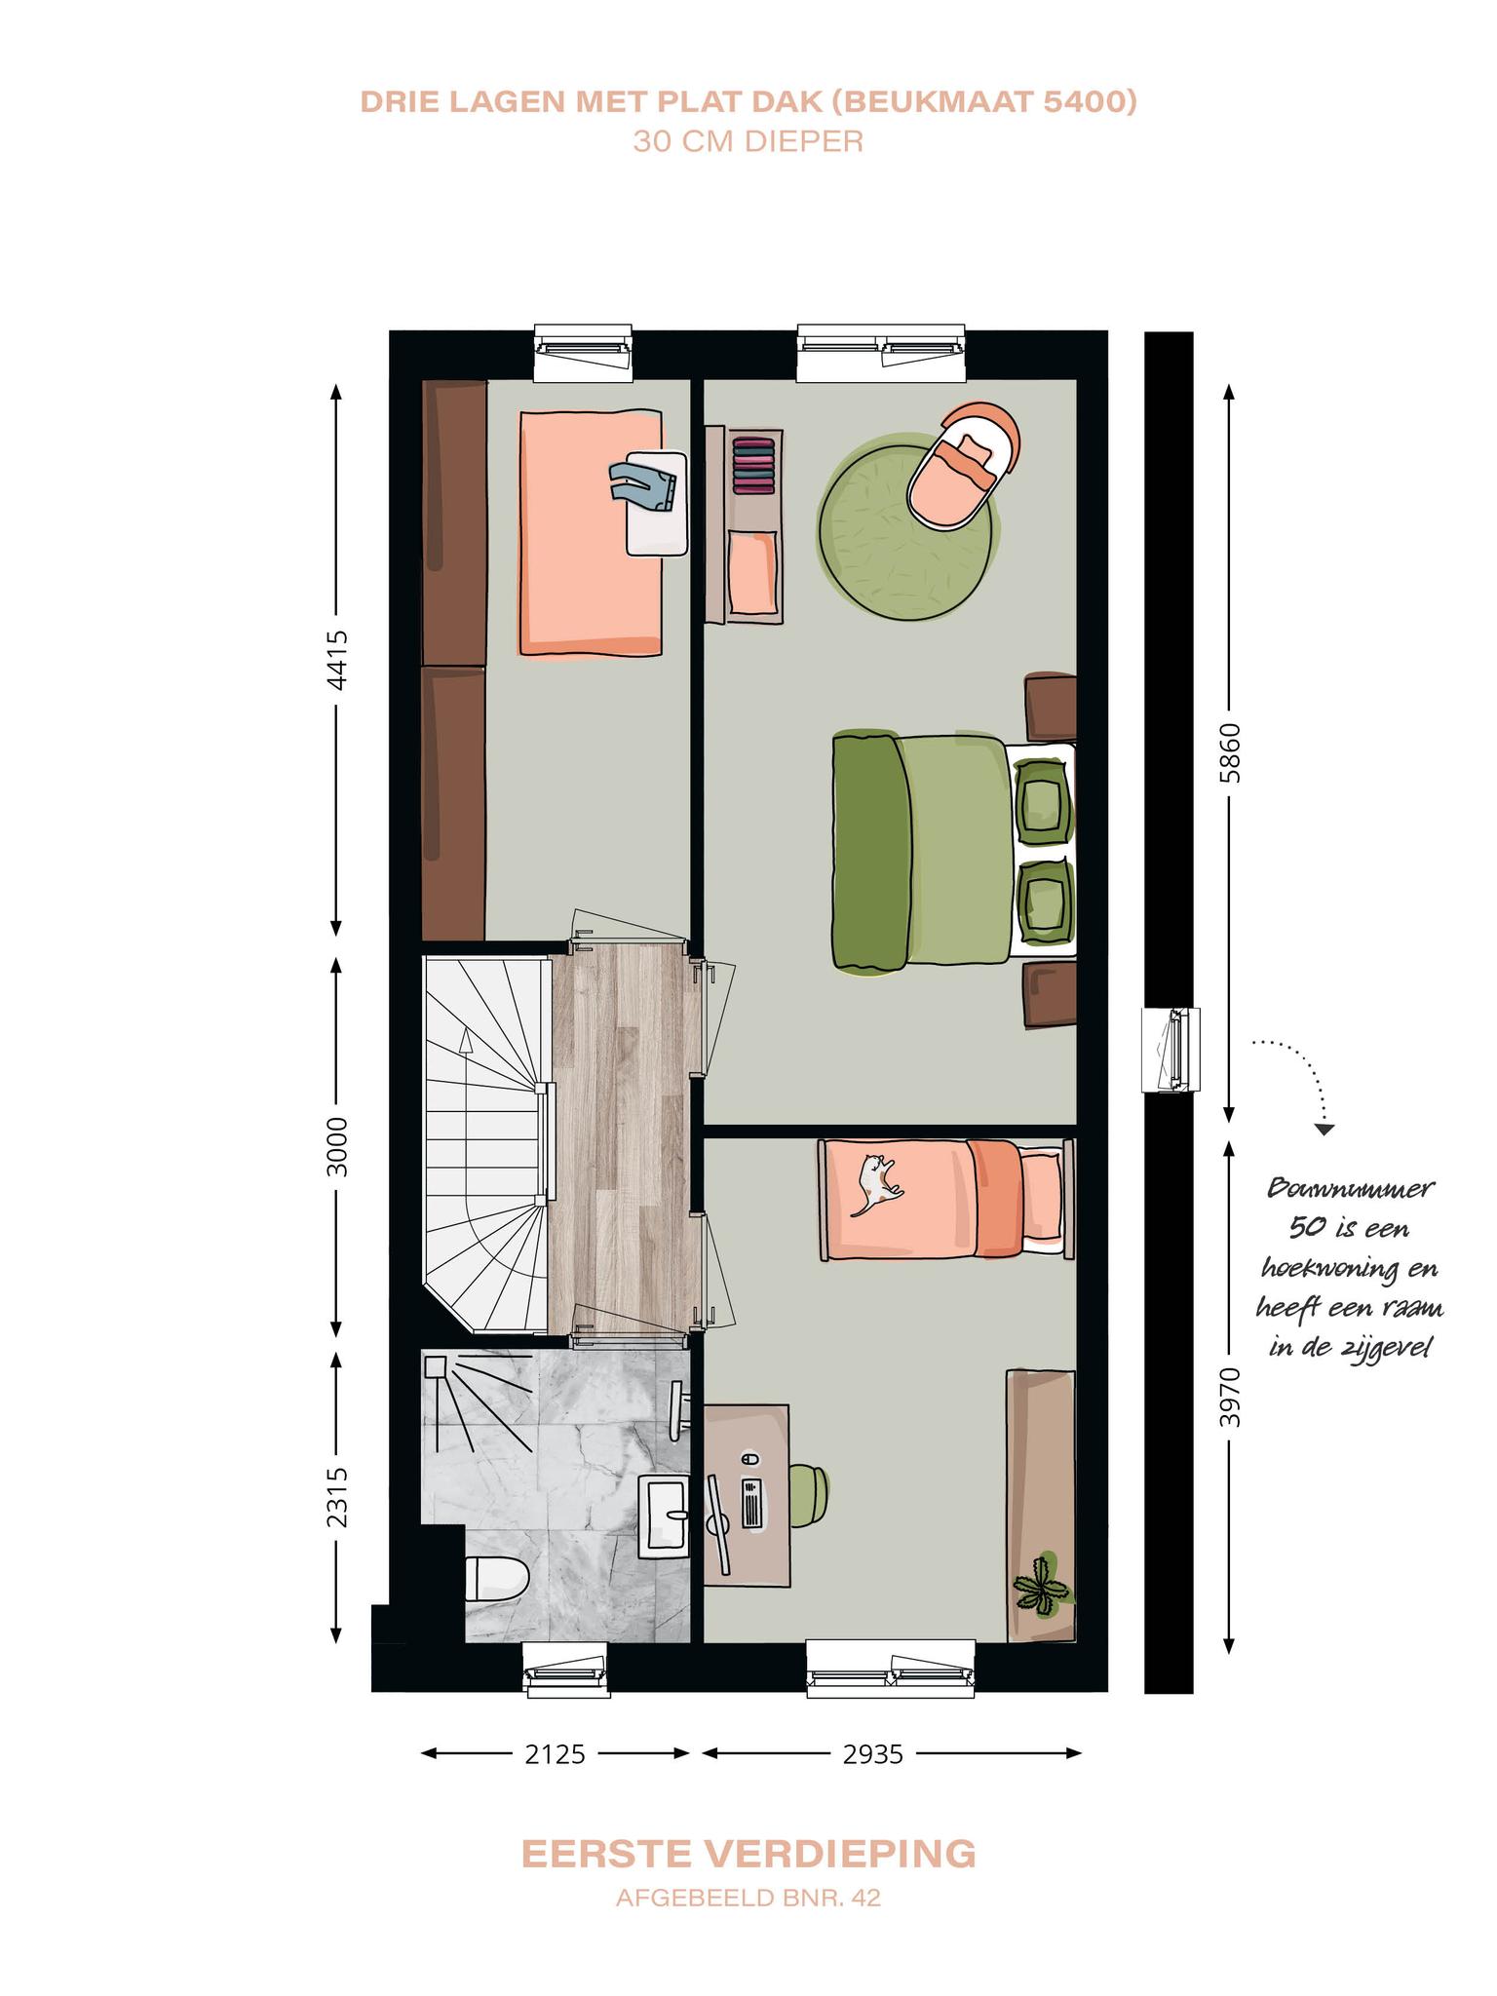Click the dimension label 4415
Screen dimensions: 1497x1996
coord(336,660)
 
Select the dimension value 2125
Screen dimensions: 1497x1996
coord(555,1754)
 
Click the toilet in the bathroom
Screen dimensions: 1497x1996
coord(496,1578)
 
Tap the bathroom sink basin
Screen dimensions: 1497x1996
coord(664,1516)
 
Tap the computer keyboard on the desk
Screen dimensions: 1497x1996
coord(753,1503)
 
